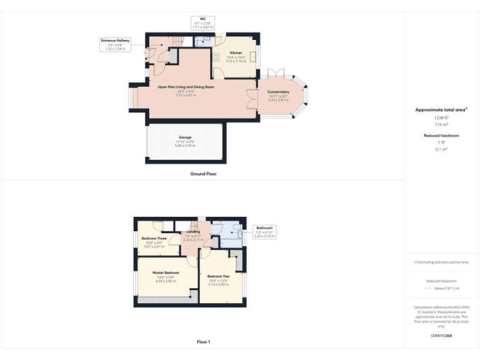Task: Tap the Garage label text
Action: (x=184, y=137)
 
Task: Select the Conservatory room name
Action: (x=278, y=92)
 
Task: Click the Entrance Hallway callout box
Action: (x=116, y=44)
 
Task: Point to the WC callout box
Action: (x=202, y=24)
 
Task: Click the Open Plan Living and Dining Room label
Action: (x=186, y=87)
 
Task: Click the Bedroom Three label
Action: (x=154, y=239)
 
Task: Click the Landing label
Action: (x=193, y=232)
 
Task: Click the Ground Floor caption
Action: (x=203, y=174)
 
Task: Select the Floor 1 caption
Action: (x=203, y=342)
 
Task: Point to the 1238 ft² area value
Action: (x=442, y=117)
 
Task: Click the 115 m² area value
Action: (x=442, y=124)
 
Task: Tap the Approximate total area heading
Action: (x=441, y=110)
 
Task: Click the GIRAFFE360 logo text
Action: (x=441, y=336)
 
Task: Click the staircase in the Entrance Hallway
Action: (x=177, y=42)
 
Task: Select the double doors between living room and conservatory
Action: (x=251, y=98)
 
